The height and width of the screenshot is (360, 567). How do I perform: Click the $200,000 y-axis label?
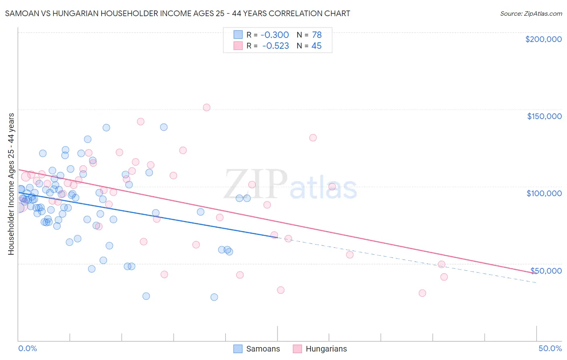click(x=543, y=39)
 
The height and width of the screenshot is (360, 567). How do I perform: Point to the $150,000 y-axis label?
click(x=544, y=116)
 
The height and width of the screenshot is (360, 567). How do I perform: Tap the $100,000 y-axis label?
click(x=544, y=193)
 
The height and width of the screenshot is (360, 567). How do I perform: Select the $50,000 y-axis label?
click(x=546, y=270)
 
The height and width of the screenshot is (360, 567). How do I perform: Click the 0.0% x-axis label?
click(x=27, y=348)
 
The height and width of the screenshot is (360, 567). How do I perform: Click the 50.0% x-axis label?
click(x=550, y=348)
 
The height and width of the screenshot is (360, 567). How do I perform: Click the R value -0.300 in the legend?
click(x=275, y=35)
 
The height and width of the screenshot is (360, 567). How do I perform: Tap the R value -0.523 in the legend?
click(x=275, y=46)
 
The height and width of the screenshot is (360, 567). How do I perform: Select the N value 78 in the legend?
click(x=317, y=35)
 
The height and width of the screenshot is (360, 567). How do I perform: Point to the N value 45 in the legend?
click(x=317, y=46)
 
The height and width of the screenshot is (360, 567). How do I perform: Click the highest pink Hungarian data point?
click(x=206, y=107)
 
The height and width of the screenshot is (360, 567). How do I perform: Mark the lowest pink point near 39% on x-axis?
click(x=422, y=293)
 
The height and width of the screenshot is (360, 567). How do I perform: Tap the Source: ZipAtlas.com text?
click(x=531, y=13)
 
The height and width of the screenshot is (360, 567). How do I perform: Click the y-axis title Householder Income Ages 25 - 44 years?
click(x=11, y=184)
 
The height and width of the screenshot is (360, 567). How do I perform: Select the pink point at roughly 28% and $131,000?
click(x=313, y=138)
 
